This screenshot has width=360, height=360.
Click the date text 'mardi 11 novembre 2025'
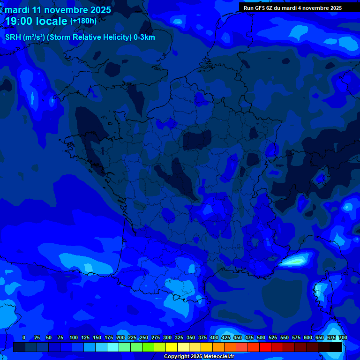(58, 10)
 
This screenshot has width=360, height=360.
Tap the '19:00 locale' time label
(36, 22)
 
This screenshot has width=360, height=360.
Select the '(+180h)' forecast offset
(83, 21)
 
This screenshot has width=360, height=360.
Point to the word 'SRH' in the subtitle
(13, 37)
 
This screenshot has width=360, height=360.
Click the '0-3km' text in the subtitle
(144, 37)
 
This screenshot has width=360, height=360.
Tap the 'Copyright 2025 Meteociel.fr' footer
(199, 357)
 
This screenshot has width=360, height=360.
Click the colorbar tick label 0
(24, 338)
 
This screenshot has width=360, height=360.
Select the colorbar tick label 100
(74, 338)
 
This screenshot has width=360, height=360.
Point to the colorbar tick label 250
(144, 338)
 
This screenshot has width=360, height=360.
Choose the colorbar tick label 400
(214, 338)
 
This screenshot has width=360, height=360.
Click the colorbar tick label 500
(261, 338)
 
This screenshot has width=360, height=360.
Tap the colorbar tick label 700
(343, 338)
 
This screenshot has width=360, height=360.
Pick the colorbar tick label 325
(179, 338)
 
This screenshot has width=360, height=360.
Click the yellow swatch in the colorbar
(172, 347)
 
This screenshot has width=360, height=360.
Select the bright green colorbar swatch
(148, 347)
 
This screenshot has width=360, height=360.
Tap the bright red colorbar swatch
(265, 347)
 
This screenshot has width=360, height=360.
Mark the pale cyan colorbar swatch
(113, 347)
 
